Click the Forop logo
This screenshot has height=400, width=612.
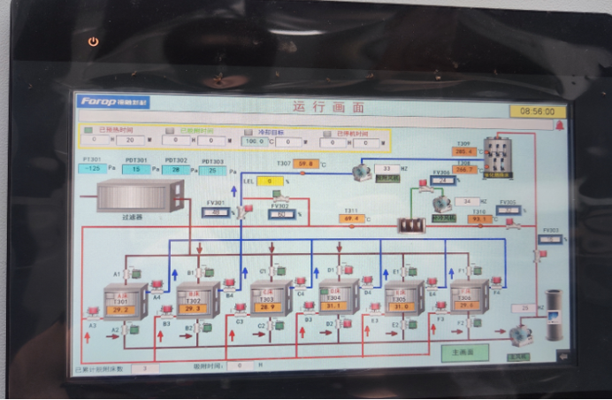pyautogui.click(x=112, y=102)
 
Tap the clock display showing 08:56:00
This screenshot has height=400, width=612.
pyautogui.click(x=537, y=112)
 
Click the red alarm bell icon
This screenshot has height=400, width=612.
pyautogui.click(x=559, y=127)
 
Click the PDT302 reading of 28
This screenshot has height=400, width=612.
pyautogui.click(x=175, y=169)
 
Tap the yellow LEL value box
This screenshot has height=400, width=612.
pyautogui.click(x=270, y=181)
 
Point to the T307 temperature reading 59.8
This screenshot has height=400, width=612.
pyautogui.click(x=307, y=164)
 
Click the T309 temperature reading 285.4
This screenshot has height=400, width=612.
pyautogui.click(x=465, y=151)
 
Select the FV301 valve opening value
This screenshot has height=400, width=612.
pyautogui.click(x=216, y=212)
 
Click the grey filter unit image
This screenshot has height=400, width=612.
pyautogui.click(x=140, y=196)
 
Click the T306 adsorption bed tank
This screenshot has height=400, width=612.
pyautogui.click(x=468, y=300)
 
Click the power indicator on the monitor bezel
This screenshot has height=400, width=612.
pyautogui.click(x=95, y=42)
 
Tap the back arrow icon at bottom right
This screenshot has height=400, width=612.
pyautogui.click(x=561, y=356)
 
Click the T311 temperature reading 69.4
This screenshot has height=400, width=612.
pyautogui.click(x=350, y=219)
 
